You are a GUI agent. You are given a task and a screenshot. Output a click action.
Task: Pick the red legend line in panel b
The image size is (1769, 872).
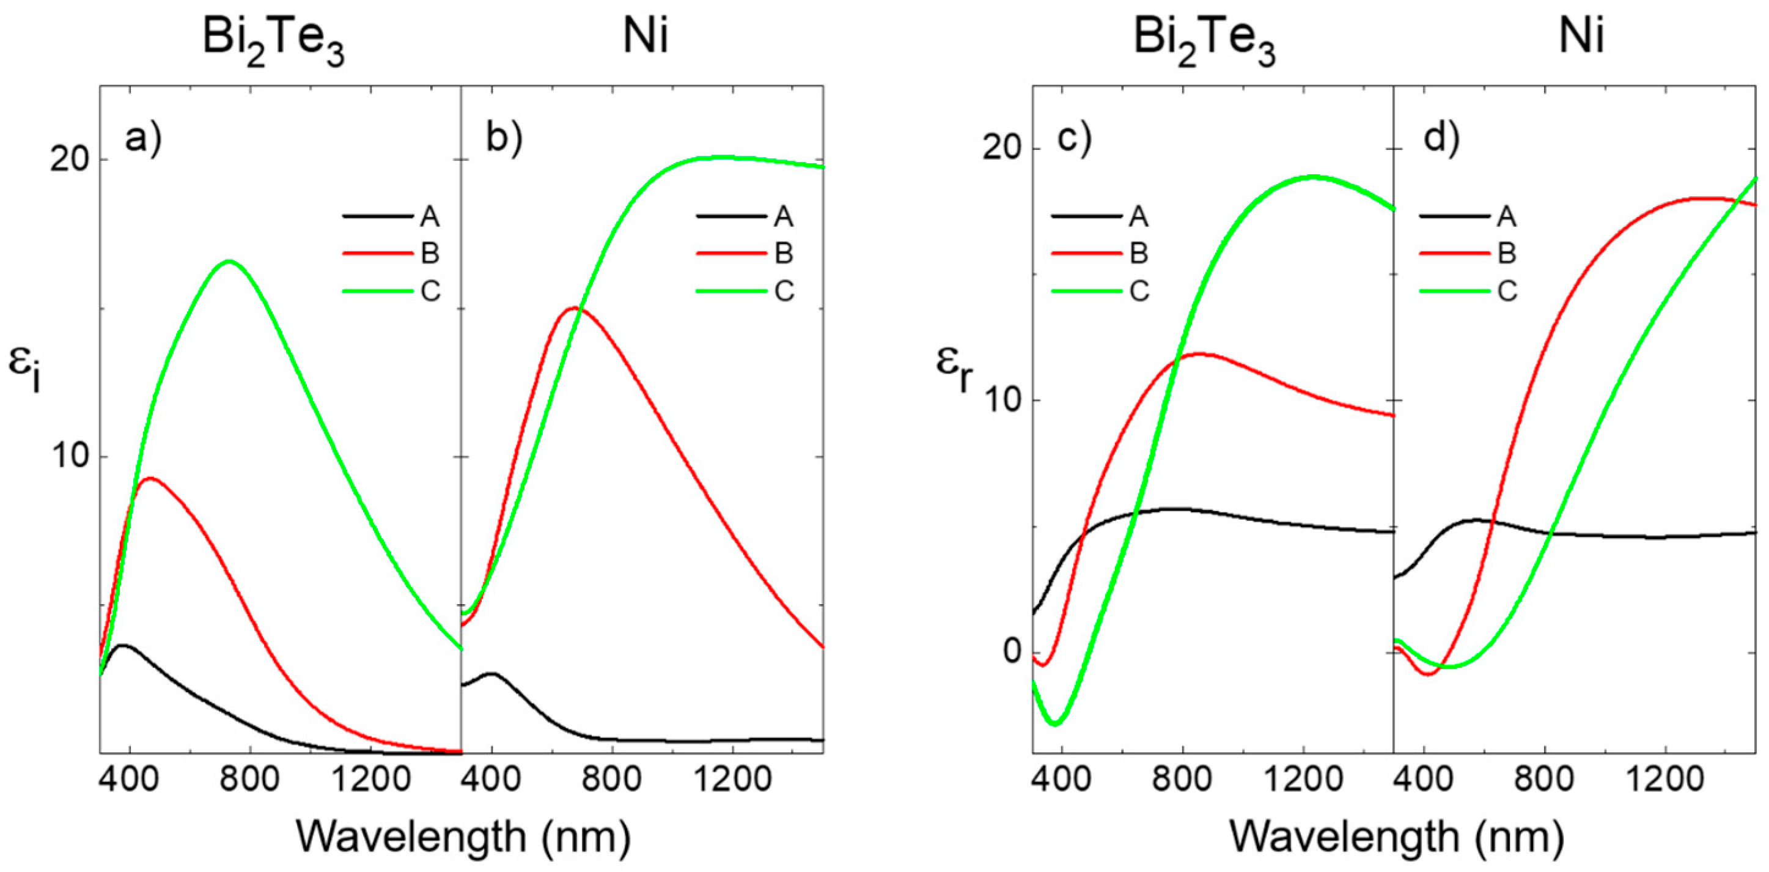730,254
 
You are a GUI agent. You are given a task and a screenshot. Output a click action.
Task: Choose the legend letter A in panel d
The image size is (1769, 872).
1507,217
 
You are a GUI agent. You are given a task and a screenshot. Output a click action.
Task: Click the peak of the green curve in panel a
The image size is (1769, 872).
229,261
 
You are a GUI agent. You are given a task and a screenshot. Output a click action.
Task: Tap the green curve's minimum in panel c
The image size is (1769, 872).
1056,723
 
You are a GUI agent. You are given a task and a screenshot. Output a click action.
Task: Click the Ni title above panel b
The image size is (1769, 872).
645,35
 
